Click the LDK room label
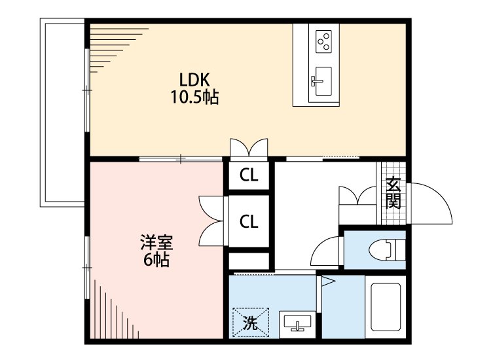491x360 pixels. click(x=194, y=80)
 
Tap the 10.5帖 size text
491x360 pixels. click(x=194, y=98)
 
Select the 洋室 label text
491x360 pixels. click(x=156, y=243)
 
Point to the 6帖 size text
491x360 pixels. click(x=156, y=261)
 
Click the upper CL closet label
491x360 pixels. click(x=248, y=175)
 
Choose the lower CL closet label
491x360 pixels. click(x=248, y=222)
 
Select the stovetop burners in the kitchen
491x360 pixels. click(x=323, y=41)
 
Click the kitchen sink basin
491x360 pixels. click(x=323, y=81)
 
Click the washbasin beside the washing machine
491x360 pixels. click(x=298, y=323)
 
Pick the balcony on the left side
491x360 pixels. click(x=63, y=111)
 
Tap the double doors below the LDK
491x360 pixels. click(x=249, y=147)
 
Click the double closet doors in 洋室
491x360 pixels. click(x=212, y=221)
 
